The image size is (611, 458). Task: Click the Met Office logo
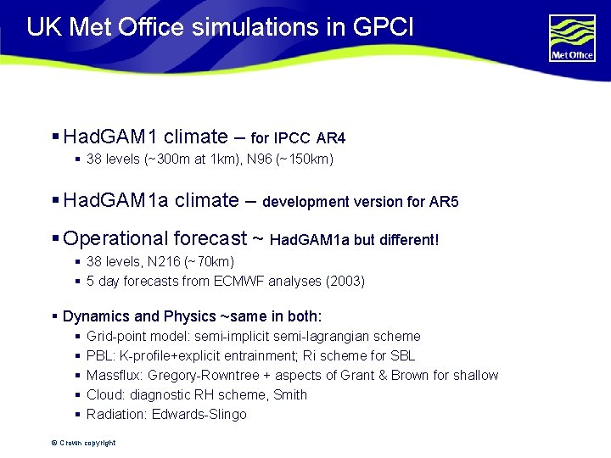[x=572, y=37]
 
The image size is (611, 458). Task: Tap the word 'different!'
[x=408, y=240]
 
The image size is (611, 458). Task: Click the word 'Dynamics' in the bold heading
[x=94, y=316]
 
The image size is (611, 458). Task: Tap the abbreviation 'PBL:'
[x=101, y=355]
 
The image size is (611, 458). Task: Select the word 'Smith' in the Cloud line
[x=289, y=394]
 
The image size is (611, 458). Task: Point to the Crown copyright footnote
[x=83, y=443]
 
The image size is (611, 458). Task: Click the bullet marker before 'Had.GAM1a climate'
[x=55, y=201]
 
